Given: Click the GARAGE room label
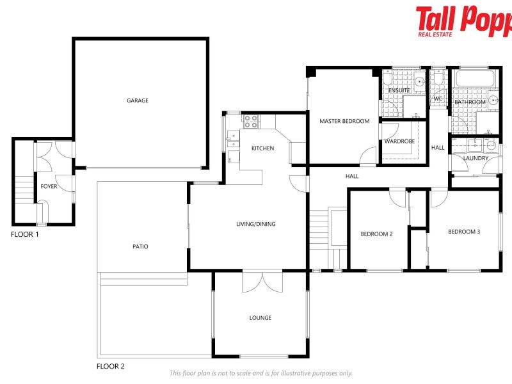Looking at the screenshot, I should point(137,100).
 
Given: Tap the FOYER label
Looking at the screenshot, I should point(49,186).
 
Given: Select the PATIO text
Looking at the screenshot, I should point(140,246).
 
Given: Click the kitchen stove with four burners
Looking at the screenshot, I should point(249,119).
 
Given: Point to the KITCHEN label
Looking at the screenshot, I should point(262,148).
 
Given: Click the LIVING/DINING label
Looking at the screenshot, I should point(256,224).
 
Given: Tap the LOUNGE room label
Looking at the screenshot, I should point(260,318).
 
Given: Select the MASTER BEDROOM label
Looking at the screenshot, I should point(344,121).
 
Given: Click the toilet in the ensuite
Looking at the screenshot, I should point(419,80).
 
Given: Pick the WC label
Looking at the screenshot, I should point(438,99).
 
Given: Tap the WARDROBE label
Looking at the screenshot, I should point(399,141).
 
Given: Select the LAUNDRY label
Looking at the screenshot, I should point(476,158).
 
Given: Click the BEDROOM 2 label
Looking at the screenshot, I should point(376,234).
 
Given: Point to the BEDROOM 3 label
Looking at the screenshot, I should point(463,232).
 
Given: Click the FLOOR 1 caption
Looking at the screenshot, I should point(25,235).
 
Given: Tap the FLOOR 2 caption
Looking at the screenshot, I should point(110,367).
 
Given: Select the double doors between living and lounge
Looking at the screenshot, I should point(262,282).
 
